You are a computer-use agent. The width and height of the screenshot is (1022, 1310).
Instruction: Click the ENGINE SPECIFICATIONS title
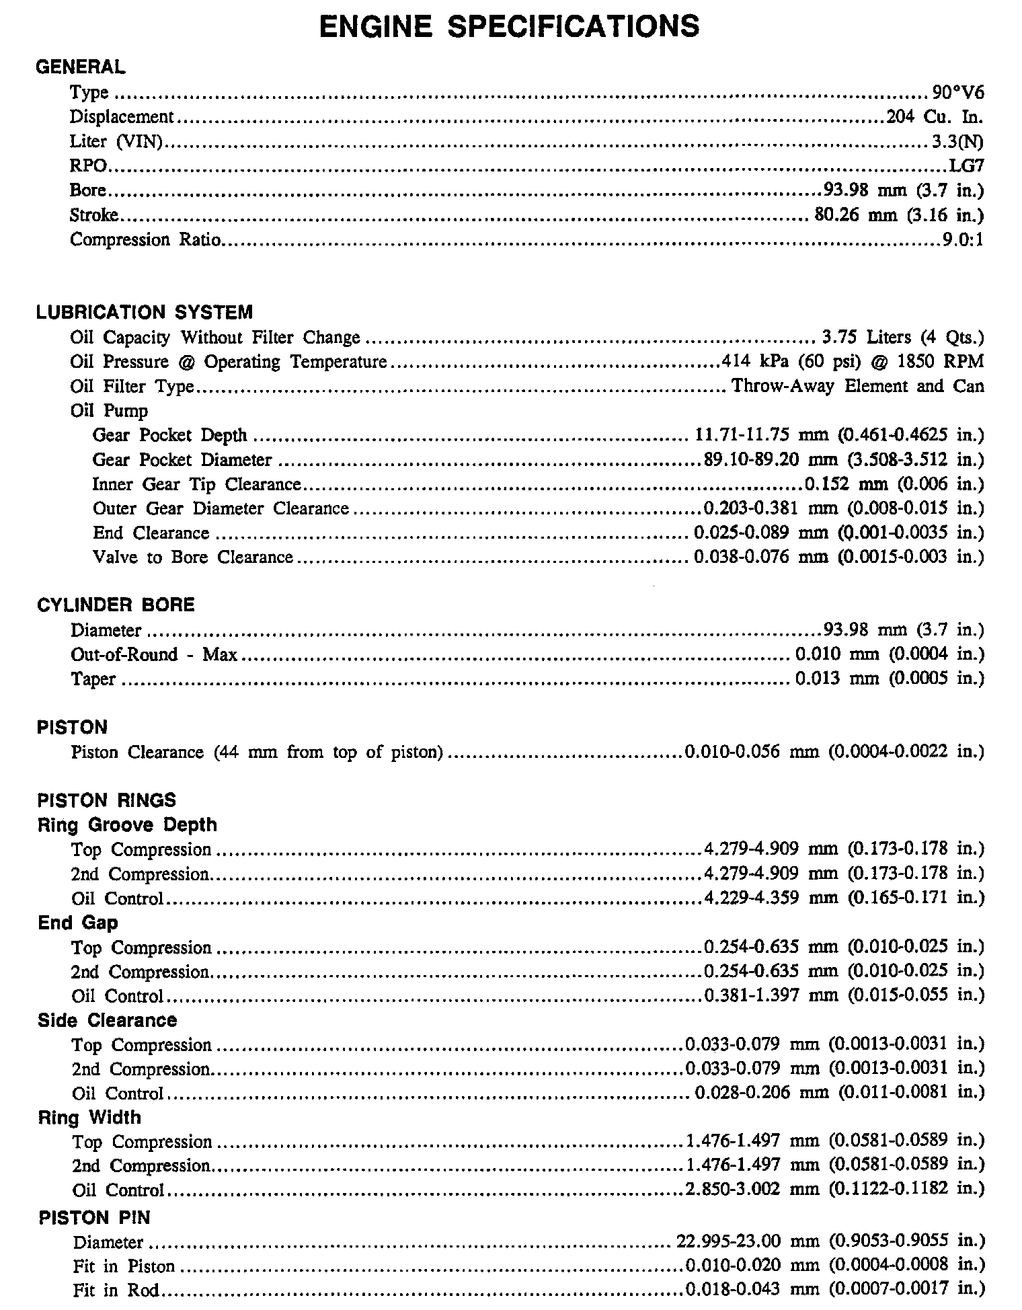pyautogui.click(x=509, y=27)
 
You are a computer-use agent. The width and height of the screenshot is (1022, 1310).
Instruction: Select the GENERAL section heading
pyautogui.click(x=80, y=67)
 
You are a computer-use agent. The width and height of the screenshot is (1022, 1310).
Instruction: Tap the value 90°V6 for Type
pyautogui.click(x=958, y=92)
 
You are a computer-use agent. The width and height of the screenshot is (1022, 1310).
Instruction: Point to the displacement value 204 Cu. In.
pyautogui.click(x=935, y=117)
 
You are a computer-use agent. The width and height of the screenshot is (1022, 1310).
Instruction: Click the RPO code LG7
pyautogui.click(x=966, y=166)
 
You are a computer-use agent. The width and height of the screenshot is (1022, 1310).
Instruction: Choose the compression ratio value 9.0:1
pyautogui.click(x=963, y=240)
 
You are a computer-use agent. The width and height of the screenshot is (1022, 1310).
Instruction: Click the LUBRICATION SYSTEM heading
pyautogui.click(x=145, y=313)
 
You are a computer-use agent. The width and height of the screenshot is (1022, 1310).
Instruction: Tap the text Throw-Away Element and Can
pyautogui.click(x=857, y=386)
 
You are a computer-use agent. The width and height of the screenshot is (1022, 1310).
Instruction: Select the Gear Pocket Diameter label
pyautogui.click(x=182, y=460)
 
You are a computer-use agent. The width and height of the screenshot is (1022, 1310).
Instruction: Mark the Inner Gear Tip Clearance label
pyautogui.click(x=196, y=484)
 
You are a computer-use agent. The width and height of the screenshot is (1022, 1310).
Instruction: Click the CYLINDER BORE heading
pyautogui.click(x=116, y=605)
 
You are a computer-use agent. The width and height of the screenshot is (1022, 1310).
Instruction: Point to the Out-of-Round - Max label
pyautogui.click(x=154, y=654)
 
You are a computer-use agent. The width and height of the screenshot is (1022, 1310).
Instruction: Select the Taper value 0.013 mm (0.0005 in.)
pyautogui.click(x=890, y=679)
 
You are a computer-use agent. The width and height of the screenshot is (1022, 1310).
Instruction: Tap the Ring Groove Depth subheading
pyautogui.click(x=127, y=825)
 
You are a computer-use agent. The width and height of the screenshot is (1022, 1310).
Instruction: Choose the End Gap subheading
pyautogui.click(x=77, y=923)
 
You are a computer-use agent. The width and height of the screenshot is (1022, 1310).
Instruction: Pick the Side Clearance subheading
pyautogui.click(x=107, y=1020)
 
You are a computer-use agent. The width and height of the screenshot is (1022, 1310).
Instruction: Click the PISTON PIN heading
pyautogui.click(x=94, y=1218)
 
